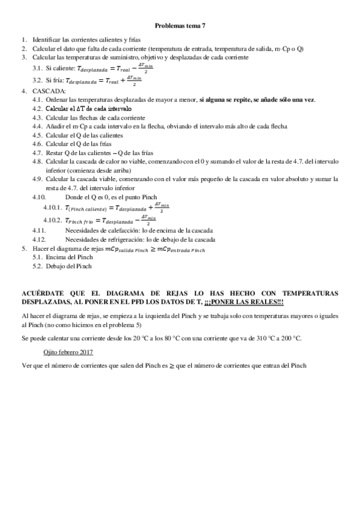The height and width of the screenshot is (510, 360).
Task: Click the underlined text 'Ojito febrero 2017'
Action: click(x=73, y=351)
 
